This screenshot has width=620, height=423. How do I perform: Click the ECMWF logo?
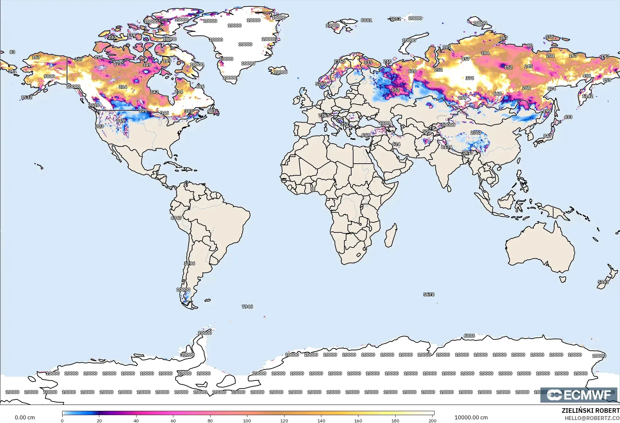pos(579,395)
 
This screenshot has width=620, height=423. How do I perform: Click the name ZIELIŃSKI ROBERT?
pos(590,411)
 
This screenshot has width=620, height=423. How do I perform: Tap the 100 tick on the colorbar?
pos(247,420)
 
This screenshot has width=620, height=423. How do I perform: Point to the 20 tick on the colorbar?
pos(99,420)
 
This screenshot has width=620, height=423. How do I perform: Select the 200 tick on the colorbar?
pos(432,420)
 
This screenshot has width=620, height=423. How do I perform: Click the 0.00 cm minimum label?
pos(25,417)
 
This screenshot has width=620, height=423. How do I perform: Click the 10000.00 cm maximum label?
pos(471,417)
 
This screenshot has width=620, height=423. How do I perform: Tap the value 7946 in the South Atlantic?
pos(247,307)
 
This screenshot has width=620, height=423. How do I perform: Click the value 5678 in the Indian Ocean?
pos(429,294)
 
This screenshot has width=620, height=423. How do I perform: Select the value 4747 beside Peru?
pos(176,218)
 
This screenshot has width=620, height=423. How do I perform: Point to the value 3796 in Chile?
pos(189,264)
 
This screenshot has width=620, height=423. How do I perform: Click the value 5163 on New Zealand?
pos(603,282)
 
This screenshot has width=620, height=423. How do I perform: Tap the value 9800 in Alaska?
pos(49,76)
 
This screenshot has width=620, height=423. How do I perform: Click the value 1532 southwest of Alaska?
pos(27,97)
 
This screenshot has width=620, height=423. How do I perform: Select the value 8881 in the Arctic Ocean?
pos(366,20)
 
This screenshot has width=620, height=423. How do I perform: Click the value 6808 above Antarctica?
pos(469,336)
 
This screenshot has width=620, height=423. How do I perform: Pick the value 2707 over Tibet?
pos(476,133)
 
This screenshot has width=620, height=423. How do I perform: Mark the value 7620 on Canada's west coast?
pos(94,105)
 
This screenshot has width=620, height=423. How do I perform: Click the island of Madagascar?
pos(391,236)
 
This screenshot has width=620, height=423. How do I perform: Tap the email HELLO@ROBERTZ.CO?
pos(592,418)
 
